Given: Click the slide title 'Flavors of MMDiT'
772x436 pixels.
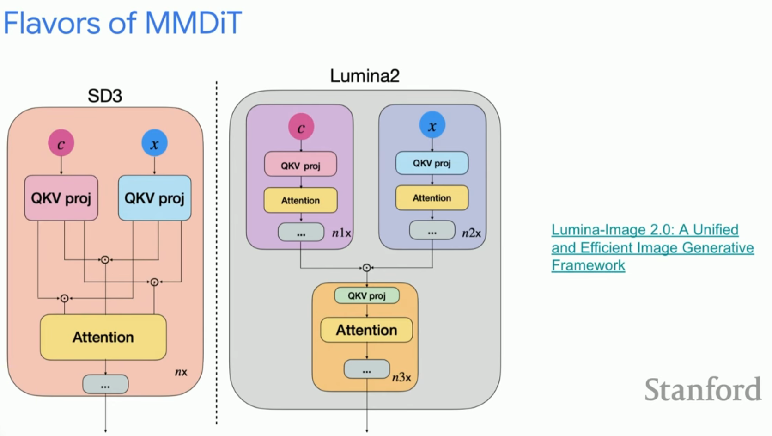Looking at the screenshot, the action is tap(123, 23).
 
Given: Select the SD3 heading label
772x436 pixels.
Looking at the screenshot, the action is tap(105, 96).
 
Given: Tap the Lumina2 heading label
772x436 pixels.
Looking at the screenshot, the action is tap(365, 75).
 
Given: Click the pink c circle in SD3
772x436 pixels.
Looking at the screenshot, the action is tap(61, 143).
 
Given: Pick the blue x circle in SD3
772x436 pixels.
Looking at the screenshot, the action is tap(154, 143).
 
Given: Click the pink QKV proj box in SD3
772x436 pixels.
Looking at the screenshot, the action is tap(61, 198).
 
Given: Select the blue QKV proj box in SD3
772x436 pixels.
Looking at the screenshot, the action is tap(154, 198).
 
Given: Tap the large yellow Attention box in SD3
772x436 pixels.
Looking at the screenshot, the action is tap(103, 337).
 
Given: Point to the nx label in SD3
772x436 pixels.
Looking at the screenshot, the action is tap(181, 372).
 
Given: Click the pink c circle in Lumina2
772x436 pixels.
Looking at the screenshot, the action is tap(301, 127).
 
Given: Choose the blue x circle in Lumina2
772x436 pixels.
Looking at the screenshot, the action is tap(432, 125).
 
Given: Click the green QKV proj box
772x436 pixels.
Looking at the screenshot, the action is tap(367, 295).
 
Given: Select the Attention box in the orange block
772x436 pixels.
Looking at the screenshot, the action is tap(366, 330).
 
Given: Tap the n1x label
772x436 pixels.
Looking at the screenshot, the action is tap(341, 233).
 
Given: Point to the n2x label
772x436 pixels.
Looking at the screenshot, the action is tap(472, 233).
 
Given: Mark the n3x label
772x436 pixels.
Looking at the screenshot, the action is tap(401, 377).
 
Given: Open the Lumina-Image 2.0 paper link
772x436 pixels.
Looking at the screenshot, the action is tap(652, 247).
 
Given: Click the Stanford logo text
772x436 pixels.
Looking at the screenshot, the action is tap(703, 389).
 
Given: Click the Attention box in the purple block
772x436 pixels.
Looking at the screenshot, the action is tap(300, 200).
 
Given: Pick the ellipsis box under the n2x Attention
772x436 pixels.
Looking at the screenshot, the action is tap(432, 230).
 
